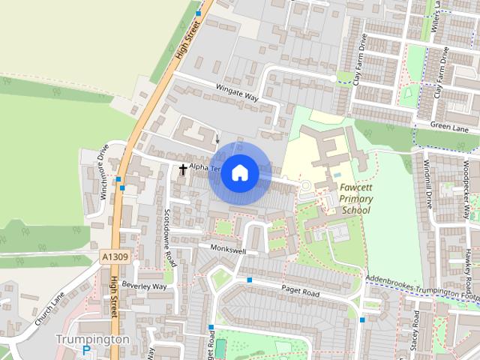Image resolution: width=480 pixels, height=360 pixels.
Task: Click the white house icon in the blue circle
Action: click(x=239, y=172)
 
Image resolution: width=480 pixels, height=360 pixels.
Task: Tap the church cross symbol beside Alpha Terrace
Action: click(x=182, y=169)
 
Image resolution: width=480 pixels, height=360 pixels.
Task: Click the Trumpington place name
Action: click(x=93, y=339)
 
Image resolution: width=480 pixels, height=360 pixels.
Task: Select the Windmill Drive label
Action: click(x=429, y=187)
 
